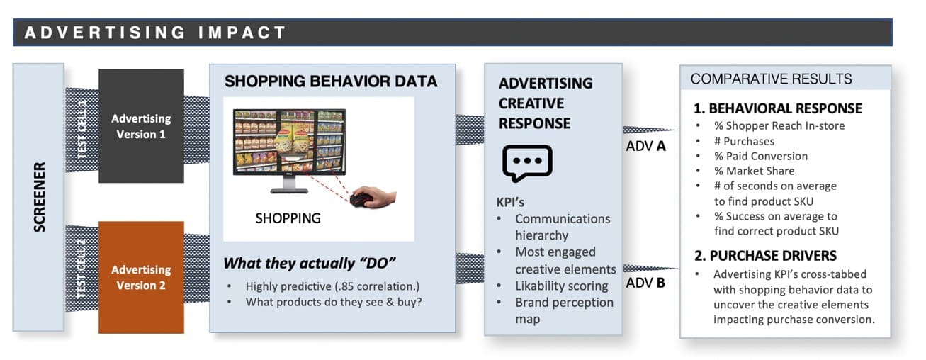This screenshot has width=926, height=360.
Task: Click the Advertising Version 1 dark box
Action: point(141,125)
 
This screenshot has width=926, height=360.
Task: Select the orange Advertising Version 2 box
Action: point(141,277)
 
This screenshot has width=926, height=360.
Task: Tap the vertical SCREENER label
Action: point(39,197)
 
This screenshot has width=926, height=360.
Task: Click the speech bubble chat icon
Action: point(527,163)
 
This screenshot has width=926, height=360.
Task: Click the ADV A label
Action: point(645,146)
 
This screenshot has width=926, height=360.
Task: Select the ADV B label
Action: point(645,283)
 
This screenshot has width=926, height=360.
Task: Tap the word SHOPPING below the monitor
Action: point(288,218)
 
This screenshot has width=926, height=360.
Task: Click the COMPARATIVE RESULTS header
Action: point(771,79)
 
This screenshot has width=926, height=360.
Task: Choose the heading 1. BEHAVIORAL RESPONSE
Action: point(778,108)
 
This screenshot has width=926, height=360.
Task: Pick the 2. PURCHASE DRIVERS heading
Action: point(765,255)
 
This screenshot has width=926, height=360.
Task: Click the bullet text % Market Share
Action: point(754,171)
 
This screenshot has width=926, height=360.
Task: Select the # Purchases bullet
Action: point(744,141)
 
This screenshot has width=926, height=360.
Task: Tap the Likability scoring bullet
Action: point(561,286)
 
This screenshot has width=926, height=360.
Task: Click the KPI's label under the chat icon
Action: point(510,202)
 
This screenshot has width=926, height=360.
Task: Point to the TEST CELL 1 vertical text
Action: point(82,129)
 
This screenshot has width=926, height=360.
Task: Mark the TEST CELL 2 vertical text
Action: point(81,269)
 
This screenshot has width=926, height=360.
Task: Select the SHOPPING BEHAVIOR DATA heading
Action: point(331,81)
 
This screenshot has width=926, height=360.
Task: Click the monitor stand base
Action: point(289,191)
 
